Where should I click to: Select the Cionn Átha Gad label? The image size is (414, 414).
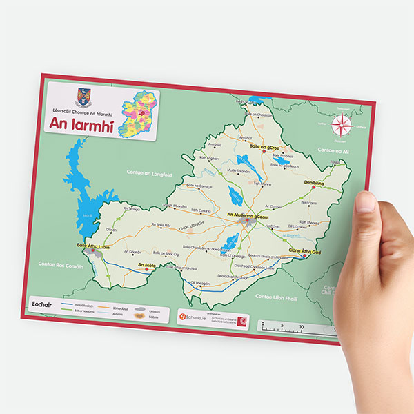(x=304, y=252)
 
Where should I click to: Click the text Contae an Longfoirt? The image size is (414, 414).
(x=150, y=172)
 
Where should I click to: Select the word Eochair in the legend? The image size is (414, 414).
(x=43, y=302)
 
